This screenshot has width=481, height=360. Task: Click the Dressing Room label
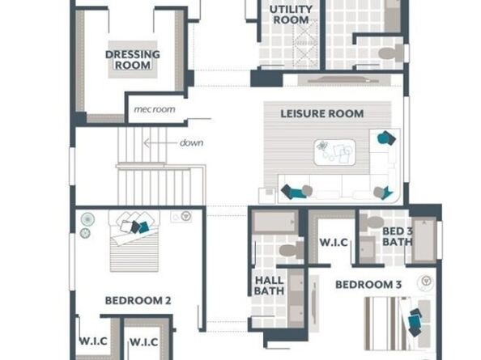[133, 60]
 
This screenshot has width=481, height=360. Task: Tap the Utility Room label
[291, 15]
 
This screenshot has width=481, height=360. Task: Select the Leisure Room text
[322, 114]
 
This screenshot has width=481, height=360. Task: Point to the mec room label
[155, 109]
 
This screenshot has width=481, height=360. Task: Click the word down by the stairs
[191, 142]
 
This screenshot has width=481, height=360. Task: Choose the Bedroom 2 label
[138, 301]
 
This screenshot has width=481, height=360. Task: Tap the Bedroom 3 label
[368, 285]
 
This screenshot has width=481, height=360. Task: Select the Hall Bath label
[269, 286]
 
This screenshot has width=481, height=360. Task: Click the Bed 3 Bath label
[398, 236]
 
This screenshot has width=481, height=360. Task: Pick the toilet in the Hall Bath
[292, 250]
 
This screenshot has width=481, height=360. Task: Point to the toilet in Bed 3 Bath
[372, 222]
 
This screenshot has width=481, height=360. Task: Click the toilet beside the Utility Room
[391, 53]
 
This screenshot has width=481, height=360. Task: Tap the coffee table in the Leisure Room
[334, 152]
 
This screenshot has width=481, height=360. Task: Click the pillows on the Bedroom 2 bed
[135, 222]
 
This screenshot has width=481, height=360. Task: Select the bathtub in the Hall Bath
[275, 222]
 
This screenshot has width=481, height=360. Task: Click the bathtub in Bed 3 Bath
[424, 240]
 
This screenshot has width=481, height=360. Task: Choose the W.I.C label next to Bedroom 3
[334, 243]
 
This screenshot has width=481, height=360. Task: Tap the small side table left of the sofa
[267, 196]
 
